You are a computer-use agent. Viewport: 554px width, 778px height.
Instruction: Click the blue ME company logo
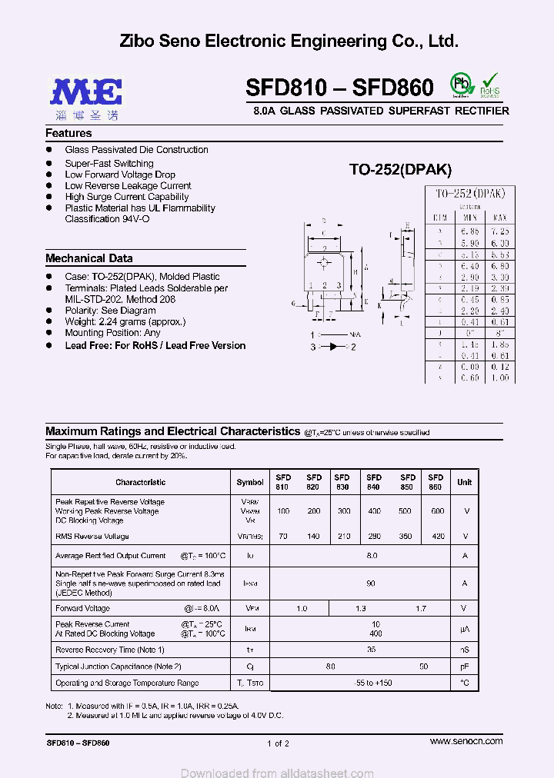pos(85,91)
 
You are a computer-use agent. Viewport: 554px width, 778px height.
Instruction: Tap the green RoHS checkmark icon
pos(490,85)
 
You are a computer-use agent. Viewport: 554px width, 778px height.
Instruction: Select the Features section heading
pos(68,133)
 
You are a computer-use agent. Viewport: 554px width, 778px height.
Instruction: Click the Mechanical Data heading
pos(88,258)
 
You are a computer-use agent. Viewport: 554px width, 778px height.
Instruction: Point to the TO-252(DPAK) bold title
pos(400,170)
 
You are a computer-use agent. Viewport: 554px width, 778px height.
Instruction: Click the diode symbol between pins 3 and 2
pos(332,347)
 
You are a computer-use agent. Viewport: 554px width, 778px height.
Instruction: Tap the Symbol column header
pos(250,482)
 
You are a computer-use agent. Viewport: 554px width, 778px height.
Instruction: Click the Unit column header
pos(465,482)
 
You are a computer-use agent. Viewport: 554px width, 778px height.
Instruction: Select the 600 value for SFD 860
pos(437,511)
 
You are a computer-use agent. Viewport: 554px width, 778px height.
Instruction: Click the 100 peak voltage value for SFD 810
pos(283,511)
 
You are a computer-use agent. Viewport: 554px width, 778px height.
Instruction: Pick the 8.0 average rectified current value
pos(372,555)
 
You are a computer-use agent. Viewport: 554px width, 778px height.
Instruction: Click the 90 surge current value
pos(371,583)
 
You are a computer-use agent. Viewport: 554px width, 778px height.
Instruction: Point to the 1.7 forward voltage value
pos(420,609)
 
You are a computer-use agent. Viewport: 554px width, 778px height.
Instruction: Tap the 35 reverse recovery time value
pos(371,650)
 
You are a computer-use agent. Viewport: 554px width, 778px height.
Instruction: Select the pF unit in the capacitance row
pos(465,667)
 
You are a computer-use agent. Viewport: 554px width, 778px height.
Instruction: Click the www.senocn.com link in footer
pos(466,741)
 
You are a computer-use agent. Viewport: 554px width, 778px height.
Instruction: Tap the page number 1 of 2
pos(278,743)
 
